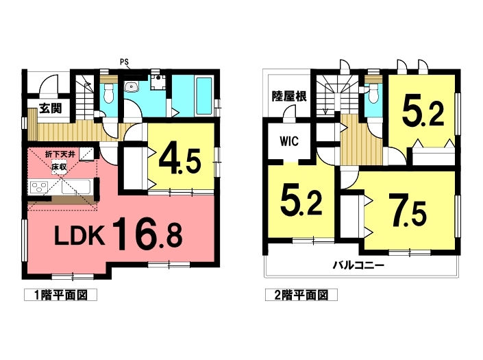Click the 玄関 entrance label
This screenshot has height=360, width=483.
click(x=51, y=108)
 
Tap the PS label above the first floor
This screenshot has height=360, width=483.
click(x=124, y=62)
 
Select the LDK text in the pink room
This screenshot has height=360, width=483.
click(x=79, y=235)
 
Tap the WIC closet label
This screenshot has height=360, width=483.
click(x=289, y=141)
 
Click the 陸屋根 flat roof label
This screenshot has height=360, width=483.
click(x=289, y=97)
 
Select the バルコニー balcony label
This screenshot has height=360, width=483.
click(x=358, y=265)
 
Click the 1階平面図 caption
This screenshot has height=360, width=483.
click(x=61, y=295)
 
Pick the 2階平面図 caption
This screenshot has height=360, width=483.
click(x=301, y=295)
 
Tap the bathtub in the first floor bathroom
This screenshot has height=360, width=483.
click(x=203, y=95)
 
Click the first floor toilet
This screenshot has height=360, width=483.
click(x=109, y=93)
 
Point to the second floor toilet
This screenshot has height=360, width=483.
click(x=374, y=93)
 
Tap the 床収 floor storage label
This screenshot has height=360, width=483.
click(x=59, y=169)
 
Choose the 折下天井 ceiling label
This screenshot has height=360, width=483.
click(x=60, y=154)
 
